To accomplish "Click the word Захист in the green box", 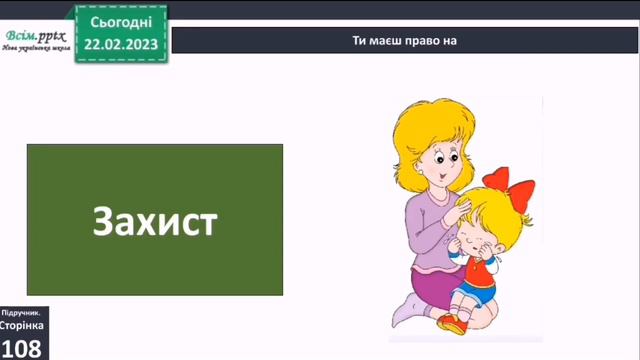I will (154, 221).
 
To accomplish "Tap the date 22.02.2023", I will (120, 44).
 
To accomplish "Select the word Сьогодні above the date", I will (120, 20).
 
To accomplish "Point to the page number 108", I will (21, 347).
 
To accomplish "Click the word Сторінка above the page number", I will (21, 326).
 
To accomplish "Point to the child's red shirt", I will (484, 265).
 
